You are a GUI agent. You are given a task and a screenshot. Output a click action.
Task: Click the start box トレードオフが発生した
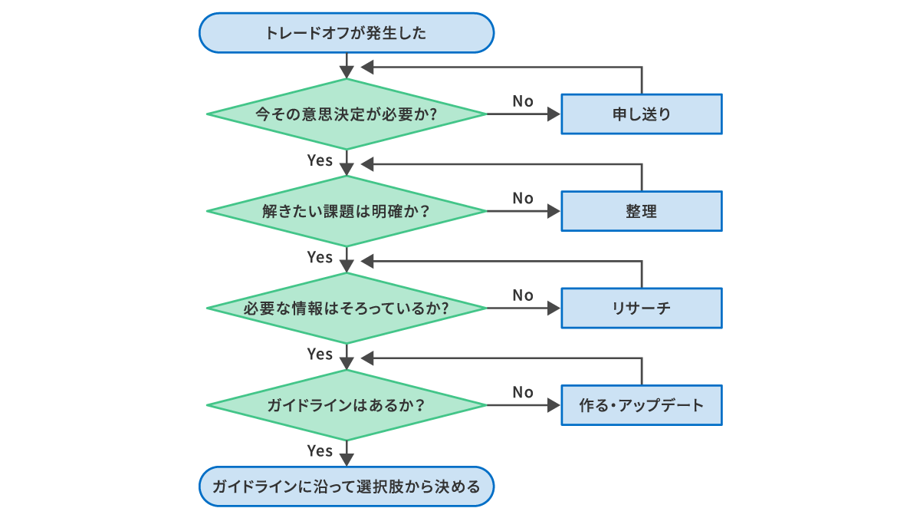[347, 33]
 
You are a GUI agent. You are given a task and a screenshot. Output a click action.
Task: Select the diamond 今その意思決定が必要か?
[347, 114]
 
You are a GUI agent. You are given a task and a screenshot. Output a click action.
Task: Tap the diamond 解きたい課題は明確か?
[347, 211]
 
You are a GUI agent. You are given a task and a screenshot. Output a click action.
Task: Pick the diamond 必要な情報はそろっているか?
[347, 308]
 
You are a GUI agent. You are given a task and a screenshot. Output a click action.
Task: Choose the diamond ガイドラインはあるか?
[347, 405]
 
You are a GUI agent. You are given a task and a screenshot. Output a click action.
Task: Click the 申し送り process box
[641, 114]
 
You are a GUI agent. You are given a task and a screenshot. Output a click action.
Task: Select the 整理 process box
[641, 211]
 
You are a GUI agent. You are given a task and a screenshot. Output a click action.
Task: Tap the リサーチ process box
[641, 308]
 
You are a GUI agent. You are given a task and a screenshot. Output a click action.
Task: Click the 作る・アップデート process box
[641, 405]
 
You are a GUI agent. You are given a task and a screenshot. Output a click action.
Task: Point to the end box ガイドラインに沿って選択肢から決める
[347, 487]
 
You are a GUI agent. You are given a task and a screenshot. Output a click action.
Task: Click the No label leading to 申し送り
[523, 101]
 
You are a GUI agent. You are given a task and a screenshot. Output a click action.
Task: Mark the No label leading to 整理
[523, 198]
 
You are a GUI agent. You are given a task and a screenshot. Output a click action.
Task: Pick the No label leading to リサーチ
[523, 295]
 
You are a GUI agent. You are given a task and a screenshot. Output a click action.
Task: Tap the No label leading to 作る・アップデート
[523, 392]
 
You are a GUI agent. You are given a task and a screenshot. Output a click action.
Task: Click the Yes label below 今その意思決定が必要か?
[320, 160]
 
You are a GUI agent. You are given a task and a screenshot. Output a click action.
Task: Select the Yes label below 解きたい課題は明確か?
[320, 257]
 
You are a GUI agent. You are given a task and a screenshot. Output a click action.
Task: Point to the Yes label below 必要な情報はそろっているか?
[320, 355]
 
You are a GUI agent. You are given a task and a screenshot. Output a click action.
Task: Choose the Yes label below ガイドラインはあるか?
[320, 451]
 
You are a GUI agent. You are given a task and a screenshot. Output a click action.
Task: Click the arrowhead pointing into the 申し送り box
[555, 114]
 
